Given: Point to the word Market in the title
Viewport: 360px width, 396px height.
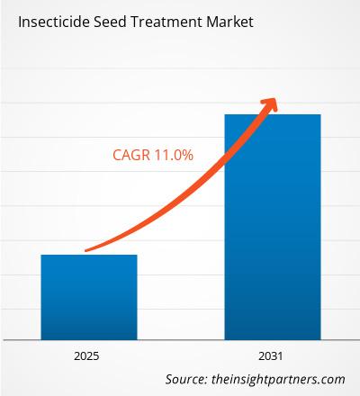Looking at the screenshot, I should [227, 20].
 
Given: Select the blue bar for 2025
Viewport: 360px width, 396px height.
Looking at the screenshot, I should [89, 297].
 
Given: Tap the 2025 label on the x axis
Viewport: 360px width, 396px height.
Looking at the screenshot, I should [89, 355].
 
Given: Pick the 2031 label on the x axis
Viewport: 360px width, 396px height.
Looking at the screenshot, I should [272, 355].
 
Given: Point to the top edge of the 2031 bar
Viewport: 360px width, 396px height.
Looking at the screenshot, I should [272, 114].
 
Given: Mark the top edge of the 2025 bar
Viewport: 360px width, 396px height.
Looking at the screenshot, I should [89, 255].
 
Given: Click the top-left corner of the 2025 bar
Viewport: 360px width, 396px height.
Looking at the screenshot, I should [40, 255].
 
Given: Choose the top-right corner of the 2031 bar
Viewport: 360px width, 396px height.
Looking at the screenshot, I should [320, 114].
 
